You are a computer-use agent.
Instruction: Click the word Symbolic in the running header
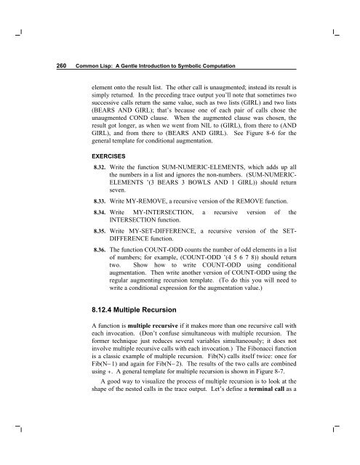click(183, 66)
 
